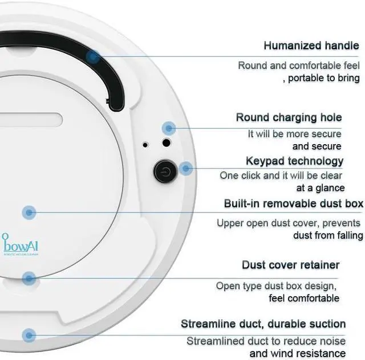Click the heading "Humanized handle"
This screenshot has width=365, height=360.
pyautogui.click(x=311, y=45)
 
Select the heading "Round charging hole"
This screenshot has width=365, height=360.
pyautogui.click(x=289, y=117)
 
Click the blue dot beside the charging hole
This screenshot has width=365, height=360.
pyautogui.click(x=167, y=128)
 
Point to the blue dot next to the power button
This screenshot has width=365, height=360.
pyautogui.click(x=185, y=169)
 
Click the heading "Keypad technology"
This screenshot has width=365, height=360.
pyautogui.click(x=294, y=161)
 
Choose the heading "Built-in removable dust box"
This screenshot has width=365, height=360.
pyautogui.click(x=293, y=203)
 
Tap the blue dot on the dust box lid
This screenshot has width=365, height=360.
pyautogui.click(x=29, y=212)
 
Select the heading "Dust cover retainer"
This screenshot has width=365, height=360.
pyautogui.click(x=290, y=265)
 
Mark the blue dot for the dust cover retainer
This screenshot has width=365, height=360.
pyautogui.click(x=29, y=278)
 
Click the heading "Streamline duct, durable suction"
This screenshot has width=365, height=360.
pyautogui.click(x=263, y=324)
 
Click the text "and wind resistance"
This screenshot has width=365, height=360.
pyautogui.click(x=298, y=354)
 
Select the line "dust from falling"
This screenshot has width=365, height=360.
pyautogui.click(x=328, y=235)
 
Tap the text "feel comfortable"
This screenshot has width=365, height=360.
pyautogui.click(x=304, y=298)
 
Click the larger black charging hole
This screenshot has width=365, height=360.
pyautogui.click(x=167, y=142)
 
